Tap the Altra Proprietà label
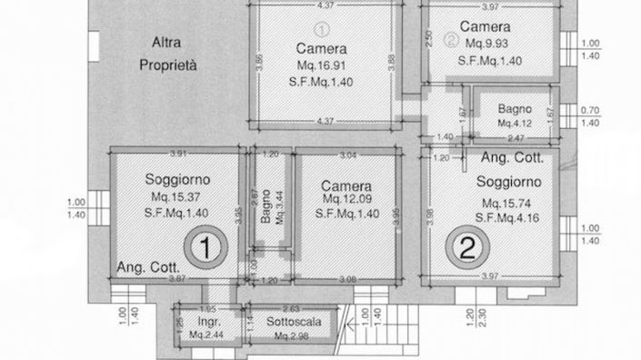168,54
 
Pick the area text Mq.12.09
346,198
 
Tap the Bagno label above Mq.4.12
515,108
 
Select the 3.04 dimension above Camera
347,155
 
